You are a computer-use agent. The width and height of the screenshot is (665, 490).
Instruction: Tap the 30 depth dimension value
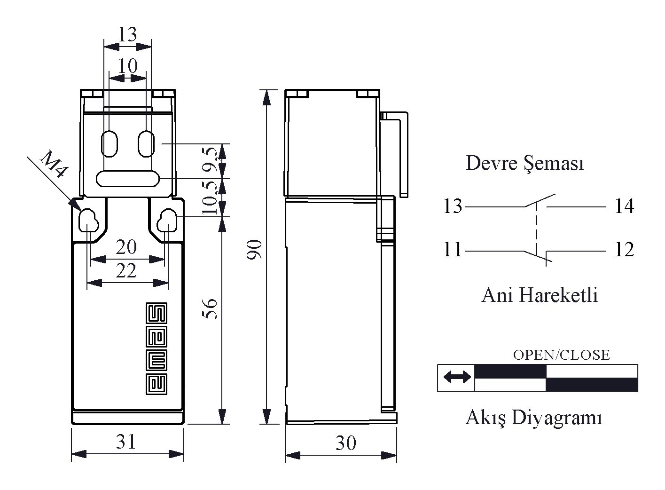coord(345,443)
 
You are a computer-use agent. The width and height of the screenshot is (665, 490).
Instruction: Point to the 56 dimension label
coord(212,308)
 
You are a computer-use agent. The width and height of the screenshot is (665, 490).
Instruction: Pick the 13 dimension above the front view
coord(127,34)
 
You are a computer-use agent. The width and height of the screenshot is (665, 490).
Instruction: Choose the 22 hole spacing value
coord(126,271)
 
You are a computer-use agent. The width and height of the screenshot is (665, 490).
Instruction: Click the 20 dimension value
coord(126,247)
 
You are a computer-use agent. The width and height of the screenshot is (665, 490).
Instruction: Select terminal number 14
coord(624,206)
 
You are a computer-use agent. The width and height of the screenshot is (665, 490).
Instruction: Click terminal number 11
coord(453,250)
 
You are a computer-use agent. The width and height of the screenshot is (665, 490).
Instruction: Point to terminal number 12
coord(624,250)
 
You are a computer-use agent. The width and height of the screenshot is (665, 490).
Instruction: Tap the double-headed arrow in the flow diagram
coord(457,377)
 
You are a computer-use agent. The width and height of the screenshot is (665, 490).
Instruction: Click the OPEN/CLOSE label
coord(561,355)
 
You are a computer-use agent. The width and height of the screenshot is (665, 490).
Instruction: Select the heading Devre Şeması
coord(524,164)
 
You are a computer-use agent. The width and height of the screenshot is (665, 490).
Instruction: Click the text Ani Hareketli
coord(540,295)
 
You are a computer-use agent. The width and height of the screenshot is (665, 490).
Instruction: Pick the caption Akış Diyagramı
coord(533,418)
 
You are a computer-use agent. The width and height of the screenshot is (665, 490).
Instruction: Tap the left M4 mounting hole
coord(88,220)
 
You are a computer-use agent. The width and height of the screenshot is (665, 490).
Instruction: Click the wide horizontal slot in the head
coord(128,179)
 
